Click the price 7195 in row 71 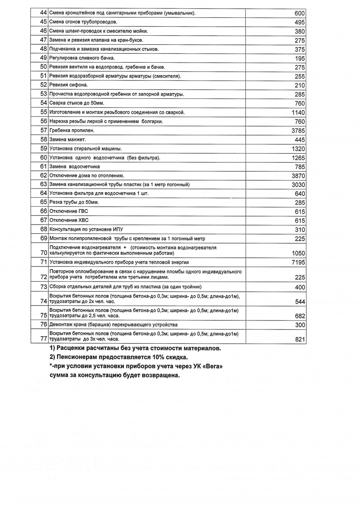[x=298, y=263]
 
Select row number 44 [x=43, y=13]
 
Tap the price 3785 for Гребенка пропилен [x=298, y=131]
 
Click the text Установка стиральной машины [x=86, y=149]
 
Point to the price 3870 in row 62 [x=298, y=176]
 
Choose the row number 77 [x=44, y=339]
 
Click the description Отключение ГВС [x=69, y=211]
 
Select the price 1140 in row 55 [x=298, y=113]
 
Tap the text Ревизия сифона [x=69, y=85]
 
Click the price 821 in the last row [x=300, y=339]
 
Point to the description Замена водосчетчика [x=74, y=166]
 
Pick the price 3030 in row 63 [x=298, y=185]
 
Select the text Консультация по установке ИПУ [x=86, y=229]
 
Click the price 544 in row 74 [x=300, y=302]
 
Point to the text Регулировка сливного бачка [x=82, y=58]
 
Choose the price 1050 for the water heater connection [x=298, y=253]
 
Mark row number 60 [x=44, y=157]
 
